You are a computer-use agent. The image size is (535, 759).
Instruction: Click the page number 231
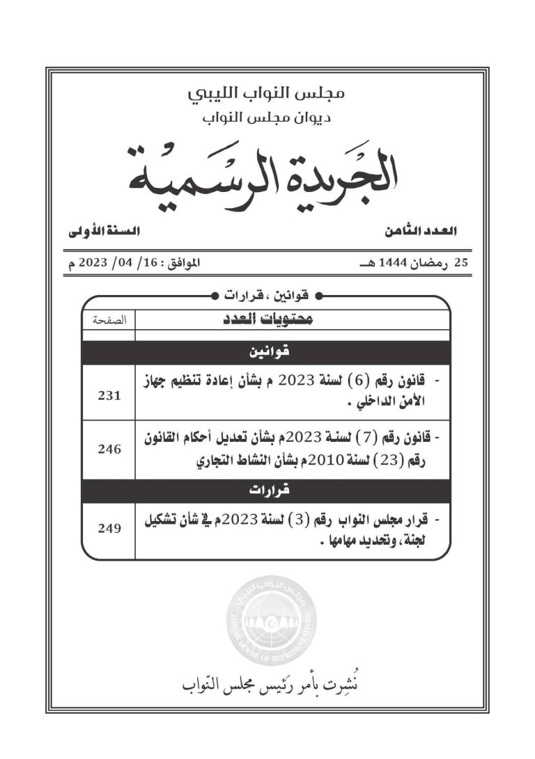[x=110, y=394]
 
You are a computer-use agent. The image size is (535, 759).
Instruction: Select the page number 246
[x=110, y=449]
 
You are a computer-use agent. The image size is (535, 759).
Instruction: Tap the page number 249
[x=110, y=527]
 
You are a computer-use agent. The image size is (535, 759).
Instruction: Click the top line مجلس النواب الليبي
[x=268, y=93]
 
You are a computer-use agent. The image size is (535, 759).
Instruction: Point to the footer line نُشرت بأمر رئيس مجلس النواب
[x=267, y=685]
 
